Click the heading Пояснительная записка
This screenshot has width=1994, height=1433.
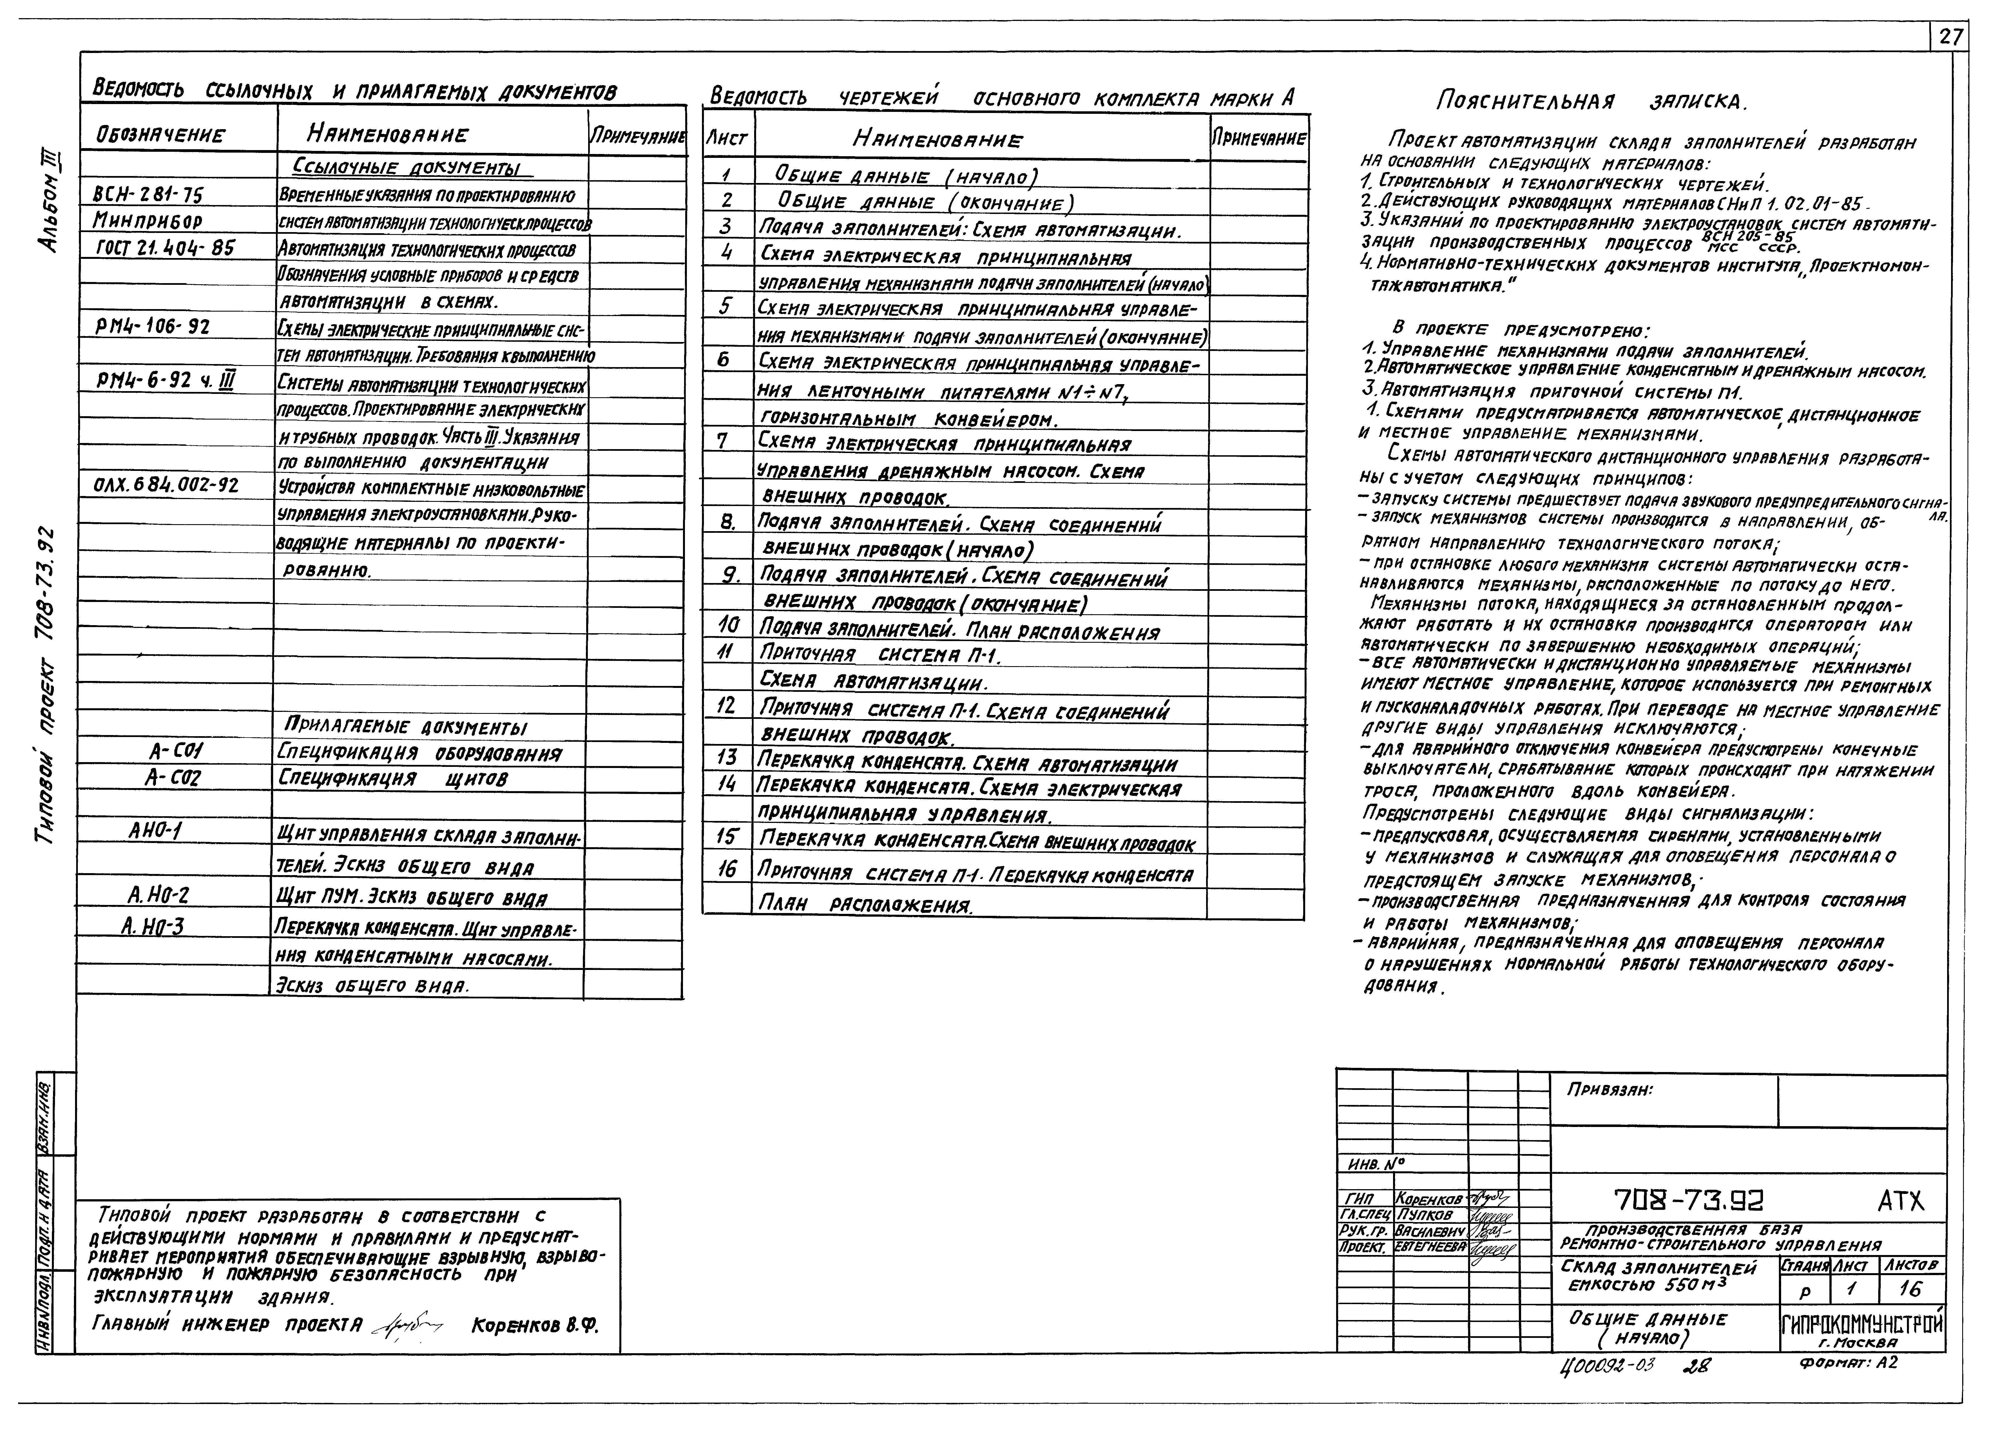[1591, 102]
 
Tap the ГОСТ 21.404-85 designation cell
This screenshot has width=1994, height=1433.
[165, 249]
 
